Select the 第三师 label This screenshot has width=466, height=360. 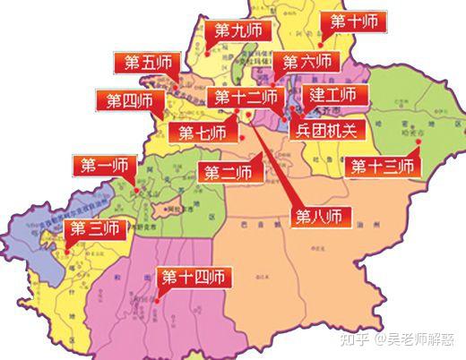pos(94,227)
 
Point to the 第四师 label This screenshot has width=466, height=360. pos(130,100)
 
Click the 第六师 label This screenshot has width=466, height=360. pos(307,62)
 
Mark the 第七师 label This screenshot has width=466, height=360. pos(203,133)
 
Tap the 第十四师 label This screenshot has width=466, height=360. pos(190,277)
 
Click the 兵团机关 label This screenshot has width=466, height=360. pos(326,130)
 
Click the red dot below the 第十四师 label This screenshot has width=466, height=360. pos(156,301)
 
